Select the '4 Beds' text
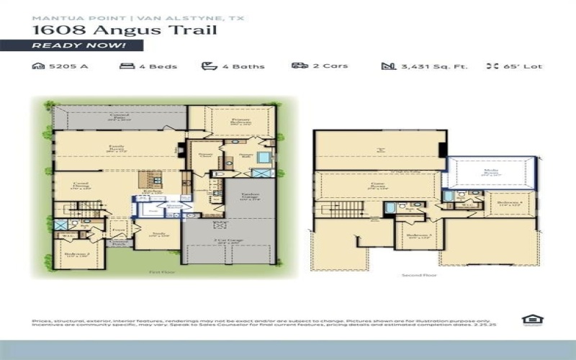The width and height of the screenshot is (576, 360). tap(148, 66)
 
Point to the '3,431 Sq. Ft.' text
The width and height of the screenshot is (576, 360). tap(425, 66)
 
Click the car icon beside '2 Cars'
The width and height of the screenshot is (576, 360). tap(300, 66)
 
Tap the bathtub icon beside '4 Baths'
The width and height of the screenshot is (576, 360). tap(209, 66)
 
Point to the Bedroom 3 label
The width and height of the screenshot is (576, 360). tap(418, 236)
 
